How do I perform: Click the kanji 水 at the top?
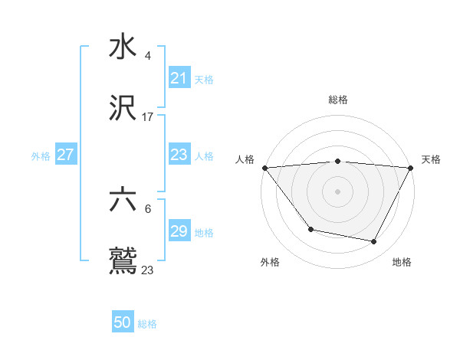(x=123, y=47)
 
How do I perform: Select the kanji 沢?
(x=123, y=109)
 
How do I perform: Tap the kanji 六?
(x=123, y=201)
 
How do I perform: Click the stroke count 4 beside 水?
(x=147, y=55)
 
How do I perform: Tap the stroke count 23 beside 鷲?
(x=147, y=270)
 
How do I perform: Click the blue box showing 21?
(x=179, y=78)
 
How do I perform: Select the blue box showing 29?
(x=179, y=231)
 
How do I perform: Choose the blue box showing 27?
(x=65, y=155)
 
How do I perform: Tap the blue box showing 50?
(x=123, y=323)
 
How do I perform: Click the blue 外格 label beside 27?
(x=41, y=155)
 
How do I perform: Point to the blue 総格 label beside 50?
(x=147, y=324)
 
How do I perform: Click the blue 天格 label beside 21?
(x=203, y=79)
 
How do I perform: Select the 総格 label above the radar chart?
(x=337, y=100)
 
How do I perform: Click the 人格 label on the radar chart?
(x=245, y=159)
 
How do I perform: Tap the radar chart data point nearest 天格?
(x=410, y=168)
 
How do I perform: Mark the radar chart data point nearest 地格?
(x=374, y=242)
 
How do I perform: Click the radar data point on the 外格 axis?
(x=310, y=229)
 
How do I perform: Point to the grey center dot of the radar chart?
(x=337, y=191)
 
